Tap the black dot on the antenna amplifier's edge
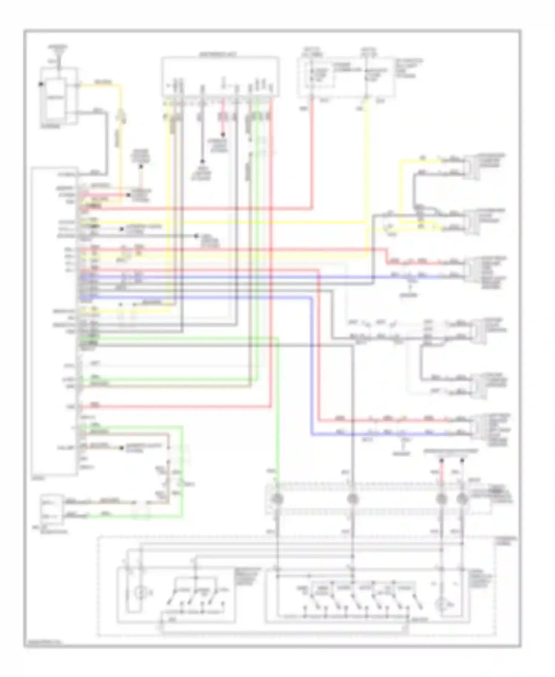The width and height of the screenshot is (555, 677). [41, 84]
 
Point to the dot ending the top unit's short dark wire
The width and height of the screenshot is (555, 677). [202, 161]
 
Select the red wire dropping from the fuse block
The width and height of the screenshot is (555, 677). [312, 156]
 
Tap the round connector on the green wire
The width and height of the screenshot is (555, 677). [277, 499]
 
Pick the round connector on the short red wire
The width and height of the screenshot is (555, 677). [441, 499]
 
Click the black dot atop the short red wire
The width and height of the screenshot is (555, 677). [441, 461]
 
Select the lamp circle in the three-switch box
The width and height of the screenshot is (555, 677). [140, 593]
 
